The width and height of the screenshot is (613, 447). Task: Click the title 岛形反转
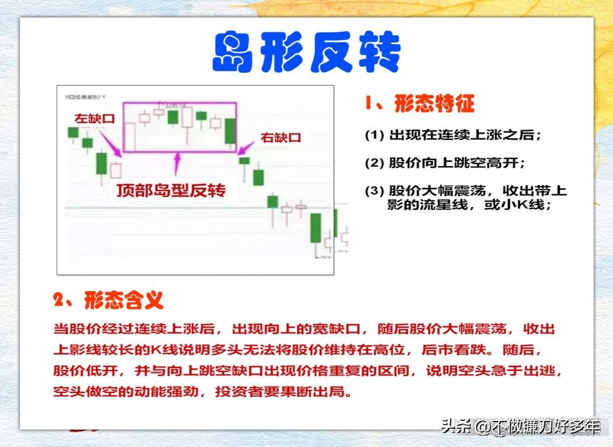pos(306,53)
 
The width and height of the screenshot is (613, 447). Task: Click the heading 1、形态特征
pos(419,103)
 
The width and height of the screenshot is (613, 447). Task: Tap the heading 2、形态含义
pos(108,299)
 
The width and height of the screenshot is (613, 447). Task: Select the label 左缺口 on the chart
pos(94,119)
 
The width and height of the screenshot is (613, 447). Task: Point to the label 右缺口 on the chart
pos(280,138)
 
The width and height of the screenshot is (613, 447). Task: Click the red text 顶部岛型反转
pos(171,190)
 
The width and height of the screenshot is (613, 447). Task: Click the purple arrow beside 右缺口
pos(245,146)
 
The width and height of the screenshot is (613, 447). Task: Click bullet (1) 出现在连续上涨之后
pos(452,135)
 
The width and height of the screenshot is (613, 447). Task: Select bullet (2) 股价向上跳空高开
pos(445,163)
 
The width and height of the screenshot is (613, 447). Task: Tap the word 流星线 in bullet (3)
pos(447,204)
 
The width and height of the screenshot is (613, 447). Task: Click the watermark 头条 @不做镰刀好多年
pos(520,426)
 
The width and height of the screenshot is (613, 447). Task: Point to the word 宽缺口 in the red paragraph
pos(343,329)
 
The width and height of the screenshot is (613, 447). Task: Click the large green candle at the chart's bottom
pos(315,228)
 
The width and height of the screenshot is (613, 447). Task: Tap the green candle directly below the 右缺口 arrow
pos(244,161)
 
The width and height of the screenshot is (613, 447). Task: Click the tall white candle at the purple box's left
pos(130,136)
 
